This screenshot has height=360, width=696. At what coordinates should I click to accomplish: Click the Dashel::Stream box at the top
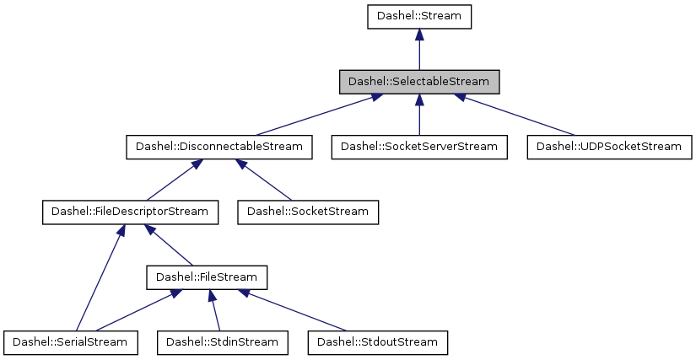(x=419, y=17)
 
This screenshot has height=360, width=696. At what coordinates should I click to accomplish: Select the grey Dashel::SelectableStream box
(x=419, y=82)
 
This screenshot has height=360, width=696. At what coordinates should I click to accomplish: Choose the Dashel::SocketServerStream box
(x=419, y=147)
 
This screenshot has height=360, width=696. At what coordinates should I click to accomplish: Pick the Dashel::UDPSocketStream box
(x=608, y=147)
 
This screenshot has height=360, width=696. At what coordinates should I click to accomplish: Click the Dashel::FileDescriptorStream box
(x=131, y=212)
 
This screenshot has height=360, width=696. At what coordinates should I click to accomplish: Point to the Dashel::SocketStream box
(x=308, y=212)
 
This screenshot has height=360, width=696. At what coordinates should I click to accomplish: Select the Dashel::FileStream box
(x=207, y=277)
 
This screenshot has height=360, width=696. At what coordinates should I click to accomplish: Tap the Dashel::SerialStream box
(x=70, y=341)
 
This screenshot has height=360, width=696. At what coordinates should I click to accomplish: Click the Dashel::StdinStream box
(x=223, y=341)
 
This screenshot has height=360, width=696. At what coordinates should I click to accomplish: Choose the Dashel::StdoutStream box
(x=377, y=341)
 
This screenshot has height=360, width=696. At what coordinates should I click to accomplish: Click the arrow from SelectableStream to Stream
(x=419, y=50)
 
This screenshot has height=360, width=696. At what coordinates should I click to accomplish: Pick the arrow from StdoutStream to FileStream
(x=295, y=309)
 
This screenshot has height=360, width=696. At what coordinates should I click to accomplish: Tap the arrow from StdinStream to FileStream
(x=215, y=309)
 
